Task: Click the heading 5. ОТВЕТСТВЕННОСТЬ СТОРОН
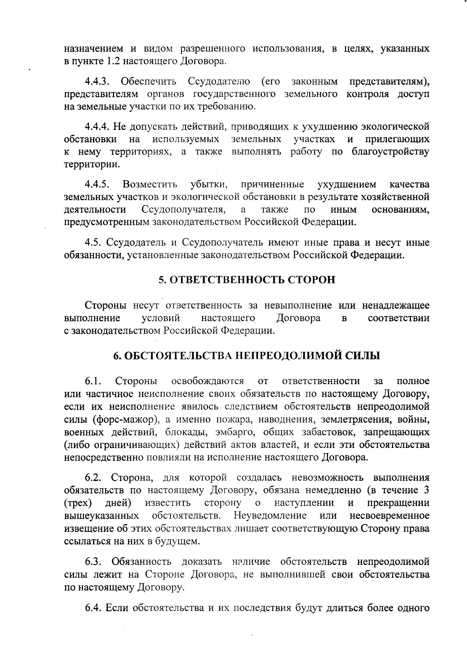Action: coord(247,280)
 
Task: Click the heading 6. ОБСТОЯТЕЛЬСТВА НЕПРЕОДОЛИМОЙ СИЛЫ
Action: coord(247,355)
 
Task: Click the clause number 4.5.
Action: coord(93,243)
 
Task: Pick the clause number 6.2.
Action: coord(93,477)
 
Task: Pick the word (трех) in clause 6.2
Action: coord(78,503)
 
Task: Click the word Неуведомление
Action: coord(270,516)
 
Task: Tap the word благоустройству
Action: coord(390,152)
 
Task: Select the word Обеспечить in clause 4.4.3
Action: coord(148,82)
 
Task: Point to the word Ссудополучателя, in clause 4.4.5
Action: coord(184,210)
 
